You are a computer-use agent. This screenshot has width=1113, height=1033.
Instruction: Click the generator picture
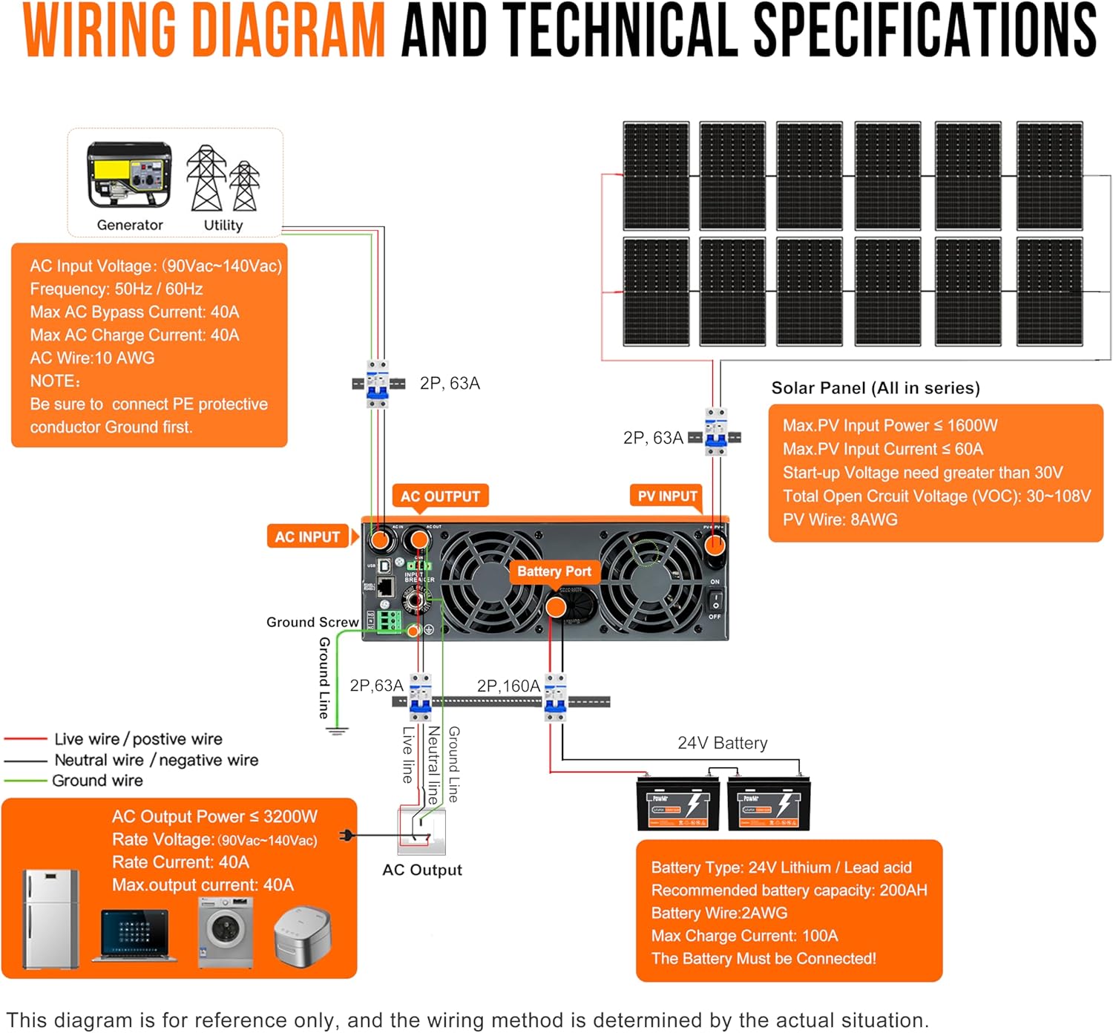[x=129, y=176]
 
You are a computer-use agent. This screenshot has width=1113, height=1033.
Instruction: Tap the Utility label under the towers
[x=223, y=225]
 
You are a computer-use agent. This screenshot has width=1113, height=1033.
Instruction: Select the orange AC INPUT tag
[x=307, y=537]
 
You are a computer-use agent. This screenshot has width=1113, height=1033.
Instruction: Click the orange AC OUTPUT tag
[x=440, y=496]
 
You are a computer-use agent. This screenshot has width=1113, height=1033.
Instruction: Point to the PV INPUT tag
[x=667, y=496]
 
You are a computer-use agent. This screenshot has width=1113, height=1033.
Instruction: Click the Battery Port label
[x=554, y=571]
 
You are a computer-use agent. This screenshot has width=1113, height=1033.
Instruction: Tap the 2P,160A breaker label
[x=508, y=686]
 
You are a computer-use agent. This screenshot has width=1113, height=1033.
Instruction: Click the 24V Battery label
[x=722, y=743]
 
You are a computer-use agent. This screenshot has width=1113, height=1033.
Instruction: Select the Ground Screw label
[x=312, y=622]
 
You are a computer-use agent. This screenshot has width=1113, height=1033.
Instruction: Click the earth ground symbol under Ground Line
[x=337, y=731]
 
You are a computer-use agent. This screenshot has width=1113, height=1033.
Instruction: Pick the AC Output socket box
[x=421, y=832]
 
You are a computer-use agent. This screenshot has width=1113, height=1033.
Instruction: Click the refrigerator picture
[x=51, y=919]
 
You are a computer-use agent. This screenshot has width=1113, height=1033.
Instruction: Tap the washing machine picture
[x=226, y=931]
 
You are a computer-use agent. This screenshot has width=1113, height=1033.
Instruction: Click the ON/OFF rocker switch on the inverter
[x=715, y=600]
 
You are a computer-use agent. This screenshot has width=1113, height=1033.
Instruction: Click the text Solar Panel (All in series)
[x=876, y=388]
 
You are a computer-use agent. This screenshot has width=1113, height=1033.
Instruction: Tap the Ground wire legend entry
[x=97, y=781]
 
